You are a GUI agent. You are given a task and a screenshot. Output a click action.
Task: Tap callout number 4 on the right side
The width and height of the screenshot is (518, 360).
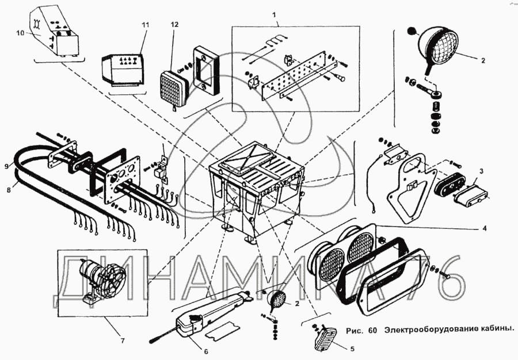pyautogui.click(x=484, y=228)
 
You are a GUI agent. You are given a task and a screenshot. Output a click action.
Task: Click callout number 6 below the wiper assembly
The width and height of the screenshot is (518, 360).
pyautogui.click(x=205, y=351)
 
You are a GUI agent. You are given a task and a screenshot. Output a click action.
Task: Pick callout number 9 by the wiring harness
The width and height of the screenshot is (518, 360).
pyautogui.click(x=7, y=166)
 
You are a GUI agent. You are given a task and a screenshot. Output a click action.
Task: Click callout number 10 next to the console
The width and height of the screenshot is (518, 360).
pyautogui.click(x=20, y=34)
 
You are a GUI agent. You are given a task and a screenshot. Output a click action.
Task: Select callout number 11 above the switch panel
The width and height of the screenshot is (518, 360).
pyautogui.click(x=145, y=25)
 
